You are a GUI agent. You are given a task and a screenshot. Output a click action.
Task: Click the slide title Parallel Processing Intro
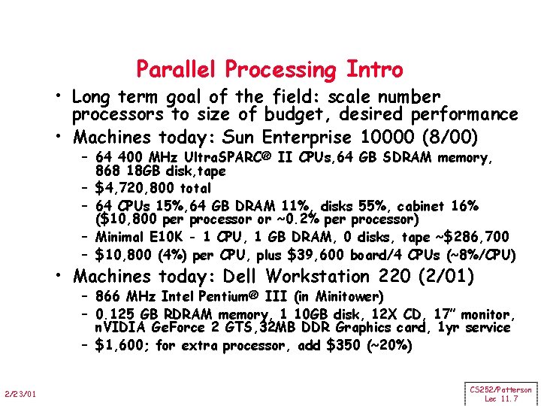click(x=269, y=70)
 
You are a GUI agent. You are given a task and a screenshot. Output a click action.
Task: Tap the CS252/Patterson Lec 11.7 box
click(x=500, y=394)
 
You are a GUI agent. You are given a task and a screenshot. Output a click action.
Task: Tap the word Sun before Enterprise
click(x=240, y=138)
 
